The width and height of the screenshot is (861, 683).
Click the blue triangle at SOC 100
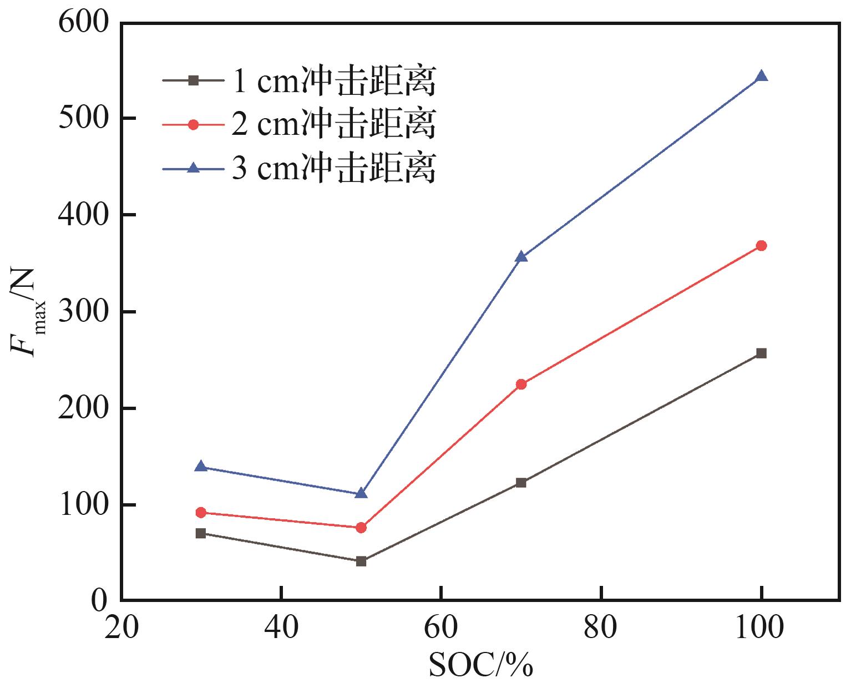tap(761, 77)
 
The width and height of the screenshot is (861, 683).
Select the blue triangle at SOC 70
tap(521, 257)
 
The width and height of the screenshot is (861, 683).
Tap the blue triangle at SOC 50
tap(361, 493)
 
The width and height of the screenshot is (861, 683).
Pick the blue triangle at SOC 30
tap(201, 467)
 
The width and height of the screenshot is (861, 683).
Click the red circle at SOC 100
tap(761, 246)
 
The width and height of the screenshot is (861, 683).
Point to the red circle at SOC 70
tap(521, 384)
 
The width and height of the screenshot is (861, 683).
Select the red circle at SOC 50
tap(361, 528)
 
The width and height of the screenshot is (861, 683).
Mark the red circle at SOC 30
tap(201, 513)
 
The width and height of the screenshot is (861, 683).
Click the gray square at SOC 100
tap(761, 353)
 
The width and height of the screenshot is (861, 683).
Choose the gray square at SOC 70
tap(521, 483)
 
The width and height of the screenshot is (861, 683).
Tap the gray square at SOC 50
tap(361, 561)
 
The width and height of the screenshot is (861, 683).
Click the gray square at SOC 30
tap(201, 534)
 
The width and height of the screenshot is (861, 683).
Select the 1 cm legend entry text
tap(333, 82)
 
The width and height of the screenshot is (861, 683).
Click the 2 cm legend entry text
tap(333, 124)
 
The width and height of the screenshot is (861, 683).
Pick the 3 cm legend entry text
tap(333, 168)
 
